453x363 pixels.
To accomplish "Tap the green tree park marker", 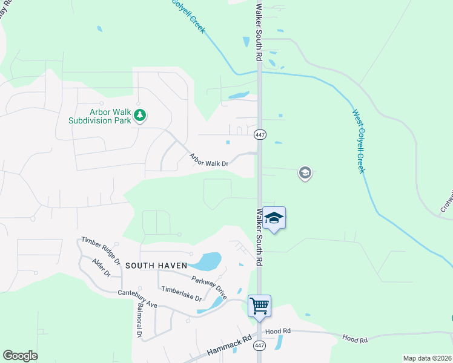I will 140,115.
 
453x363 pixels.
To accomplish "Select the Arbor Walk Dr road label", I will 208,160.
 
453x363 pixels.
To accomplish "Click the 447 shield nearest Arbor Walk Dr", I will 260,134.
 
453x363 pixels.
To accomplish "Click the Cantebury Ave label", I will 137,299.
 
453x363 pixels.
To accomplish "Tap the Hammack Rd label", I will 229,346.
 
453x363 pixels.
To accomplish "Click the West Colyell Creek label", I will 359,140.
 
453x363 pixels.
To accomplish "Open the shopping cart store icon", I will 259,306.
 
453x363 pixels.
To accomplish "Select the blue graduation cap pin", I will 274,218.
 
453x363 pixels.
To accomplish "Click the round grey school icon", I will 305,174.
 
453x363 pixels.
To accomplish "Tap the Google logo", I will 20,356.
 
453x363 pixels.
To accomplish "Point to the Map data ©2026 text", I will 426,358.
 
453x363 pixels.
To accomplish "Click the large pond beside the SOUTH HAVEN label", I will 206,261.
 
